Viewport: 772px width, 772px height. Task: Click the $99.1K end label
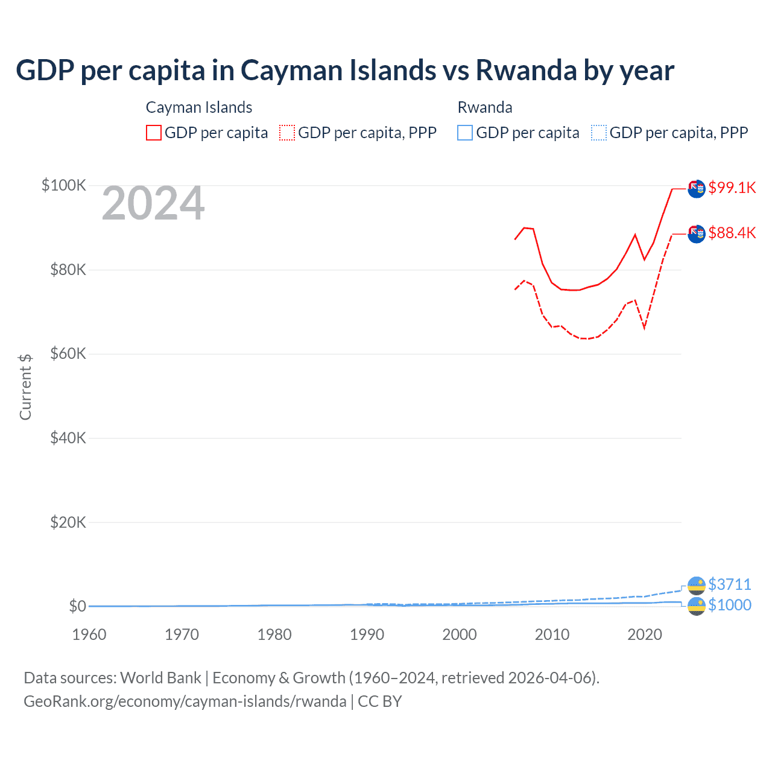pyautogui.click(x=732, y=188)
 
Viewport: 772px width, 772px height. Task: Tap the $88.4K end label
pyautogui.click(x=732, y=233)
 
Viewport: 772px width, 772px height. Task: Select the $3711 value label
pyautogui.click(x=729, y=584)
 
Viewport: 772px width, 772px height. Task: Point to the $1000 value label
pyautogui.click(x=729, y=605)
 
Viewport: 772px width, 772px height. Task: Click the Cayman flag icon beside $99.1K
pyautogui.click(x=697, y=189)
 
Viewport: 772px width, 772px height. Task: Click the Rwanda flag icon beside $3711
pyautogui.click(x=697, y=585)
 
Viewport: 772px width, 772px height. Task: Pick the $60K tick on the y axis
pyautogui.click(x=68, y=354)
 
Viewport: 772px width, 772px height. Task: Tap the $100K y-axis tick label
pyautogui.click(x=64, y=185)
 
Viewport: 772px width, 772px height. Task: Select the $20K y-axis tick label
pyautogui.click(x=68, y=522)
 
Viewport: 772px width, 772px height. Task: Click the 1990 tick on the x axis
pyautogui.click(x=367, y=634)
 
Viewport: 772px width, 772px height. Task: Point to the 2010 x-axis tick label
pyautogui.click(x=552, y=634)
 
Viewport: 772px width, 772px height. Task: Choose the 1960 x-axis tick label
pyautogui.click(x=89, y=634)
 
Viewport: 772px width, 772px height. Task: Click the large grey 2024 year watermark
pyautogui.click(x=153, y=204)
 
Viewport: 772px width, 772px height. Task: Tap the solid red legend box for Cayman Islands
pyautogui.click(x=154, y=133)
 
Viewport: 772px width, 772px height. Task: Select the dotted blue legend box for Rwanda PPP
pyautogui.click(x=599, y=133)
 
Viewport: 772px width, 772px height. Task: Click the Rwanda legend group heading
pyautogui.click(x=485, y=107)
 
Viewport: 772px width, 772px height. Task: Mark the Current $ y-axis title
pyautogui.click(x=25, y=387)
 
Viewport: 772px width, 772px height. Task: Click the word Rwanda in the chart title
pyautogui.click(x=526, y=71)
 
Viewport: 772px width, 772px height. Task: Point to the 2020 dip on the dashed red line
pyautogui.click(x=644, y=327)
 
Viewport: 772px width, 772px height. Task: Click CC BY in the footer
pyautogui.click(x=380, y=701)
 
